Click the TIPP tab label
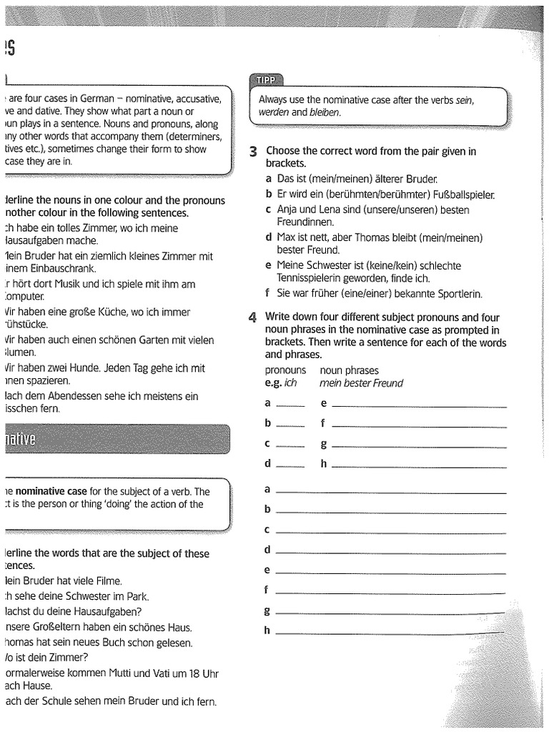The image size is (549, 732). [264, 79]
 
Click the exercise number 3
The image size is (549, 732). [254, 152]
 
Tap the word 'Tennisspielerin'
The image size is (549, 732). [311, 278]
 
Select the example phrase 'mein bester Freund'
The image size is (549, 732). [361, 383]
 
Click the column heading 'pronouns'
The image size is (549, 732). [285, 370]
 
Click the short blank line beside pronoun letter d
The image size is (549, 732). [290, 465]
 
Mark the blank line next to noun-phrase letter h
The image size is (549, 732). [419, 466]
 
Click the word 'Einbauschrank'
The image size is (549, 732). [63, 268]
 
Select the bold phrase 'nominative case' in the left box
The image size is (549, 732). [54, 491]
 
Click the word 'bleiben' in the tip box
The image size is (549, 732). [325, 113]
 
